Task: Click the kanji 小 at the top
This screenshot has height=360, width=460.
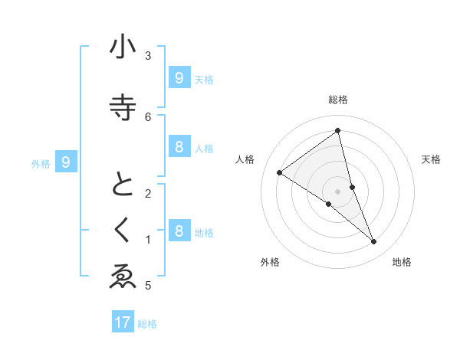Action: click(x=123, y=47)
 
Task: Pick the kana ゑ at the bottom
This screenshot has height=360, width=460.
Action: click(x=123, y=278)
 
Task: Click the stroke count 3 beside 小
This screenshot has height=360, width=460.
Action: click(x=148, y=55)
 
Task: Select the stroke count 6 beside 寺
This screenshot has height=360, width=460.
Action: click(x=148, y=116)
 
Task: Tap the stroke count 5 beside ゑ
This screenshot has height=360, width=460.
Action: click(x=148, y=286)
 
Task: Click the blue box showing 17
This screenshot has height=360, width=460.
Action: click(x=123, y=322)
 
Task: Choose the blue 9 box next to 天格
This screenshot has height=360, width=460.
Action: click(x=179, y=78)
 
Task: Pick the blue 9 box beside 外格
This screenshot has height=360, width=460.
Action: click(x=66, y=162)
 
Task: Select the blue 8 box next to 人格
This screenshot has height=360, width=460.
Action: click(x=179, y=147)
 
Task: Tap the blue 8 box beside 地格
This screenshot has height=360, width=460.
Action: click(x=179, y=231)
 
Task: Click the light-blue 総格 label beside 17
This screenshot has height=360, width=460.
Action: click(x=147, y=324)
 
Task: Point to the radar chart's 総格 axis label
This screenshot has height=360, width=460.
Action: click(x=338, y=100)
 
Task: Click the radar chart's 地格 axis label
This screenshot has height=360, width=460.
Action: click(x=402, y=262)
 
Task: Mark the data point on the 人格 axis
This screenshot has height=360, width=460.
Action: click(x=280, y=172)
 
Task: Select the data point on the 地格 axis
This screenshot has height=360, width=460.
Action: click(x=373, y=241)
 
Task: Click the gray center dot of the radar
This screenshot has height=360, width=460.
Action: click(x=338, y=191)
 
